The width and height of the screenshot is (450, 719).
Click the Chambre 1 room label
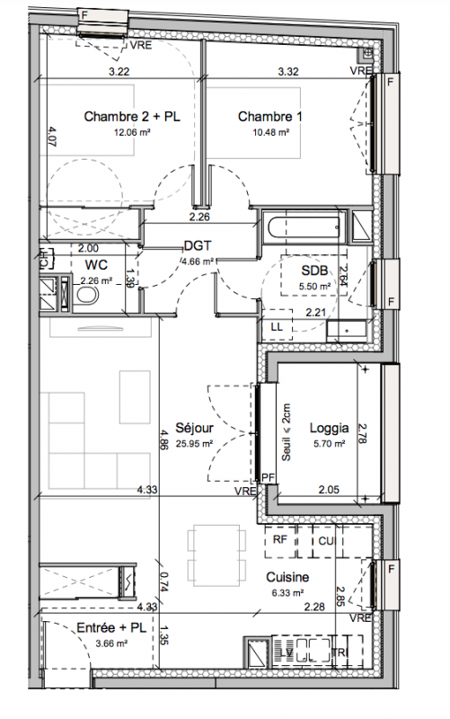click(269, 117)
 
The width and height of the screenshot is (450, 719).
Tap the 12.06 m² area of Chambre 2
click(132, 132)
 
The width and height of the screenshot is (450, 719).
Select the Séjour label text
click(194, 428)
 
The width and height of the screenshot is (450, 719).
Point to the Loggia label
click(329, 429)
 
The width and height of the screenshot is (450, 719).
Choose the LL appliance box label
click(277, 327)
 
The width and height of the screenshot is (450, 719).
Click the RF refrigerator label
click(279, 540)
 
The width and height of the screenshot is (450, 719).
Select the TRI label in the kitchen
click(340, 652)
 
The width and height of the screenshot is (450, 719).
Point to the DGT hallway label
click(198, 245)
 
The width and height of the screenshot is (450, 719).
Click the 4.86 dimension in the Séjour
click(165, 437)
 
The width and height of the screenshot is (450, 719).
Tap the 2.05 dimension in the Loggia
click(329, 490)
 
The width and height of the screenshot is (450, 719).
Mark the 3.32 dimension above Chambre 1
click(288, 72)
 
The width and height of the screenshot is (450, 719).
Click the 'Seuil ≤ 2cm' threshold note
click(286, 432)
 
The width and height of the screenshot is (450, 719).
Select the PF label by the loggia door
click(268, 478)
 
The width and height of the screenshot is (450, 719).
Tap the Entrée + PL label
click(111, 627)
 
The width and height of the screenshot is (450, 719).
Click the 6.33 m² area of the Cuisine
click(287, 593)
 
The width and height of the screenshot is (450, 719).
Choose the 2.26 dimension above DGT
click(199, 217)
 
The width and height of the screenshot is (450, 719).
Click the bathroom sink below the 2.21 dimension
click(347, 331)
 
